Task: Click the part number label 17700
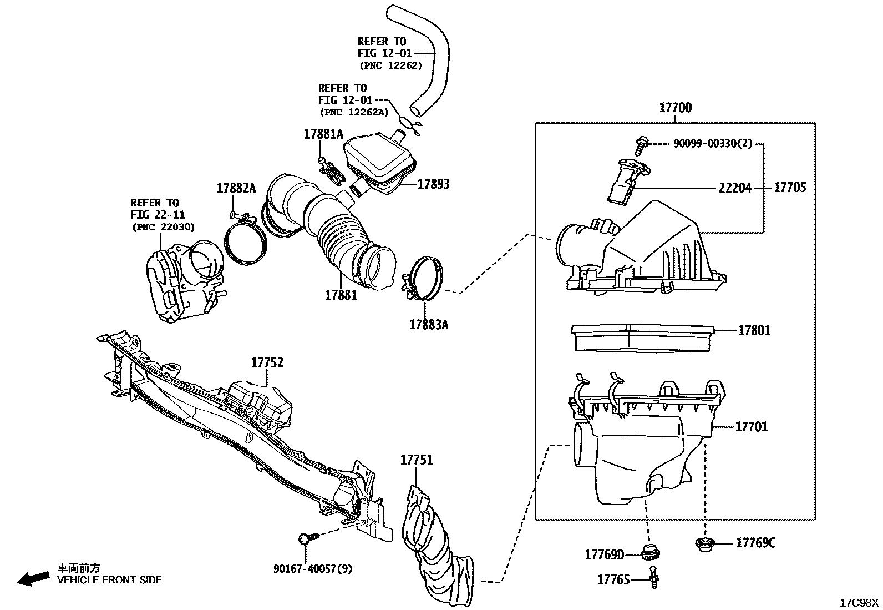click(675, 108)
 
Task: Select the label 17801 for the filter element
click(754, 330)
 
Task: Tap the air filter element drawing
click(642, 338)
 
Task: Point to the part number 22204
click(735, 188)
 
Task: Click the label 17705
click(790, 188)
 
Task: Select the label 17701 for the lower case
click(752, 427)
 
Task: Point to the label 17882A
click(236, 188)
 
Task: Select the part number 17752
click(267, 362)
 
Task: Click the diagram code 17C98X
click(859, 602)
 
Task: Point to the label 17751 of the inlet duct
click(417, 460)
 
